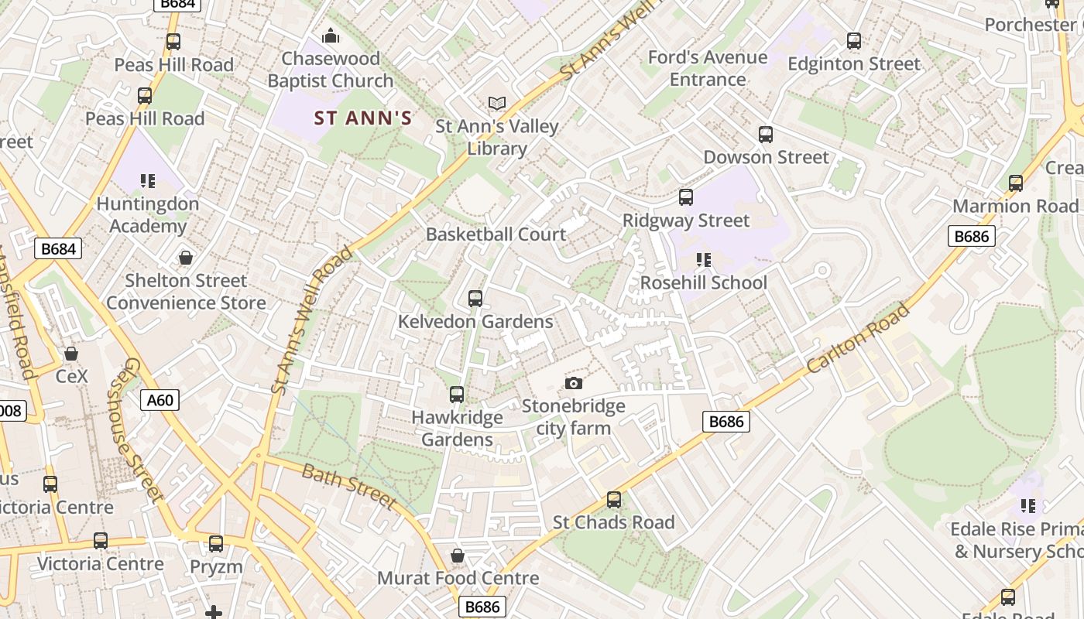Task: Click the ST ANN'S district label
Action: pyautogui.click(x=362, y=118)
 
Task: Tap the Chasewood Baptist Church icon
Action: pyautogui.click(x=331, y=36)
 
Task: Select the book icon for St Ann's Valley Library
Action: pyautogui.click(x=496, y=103)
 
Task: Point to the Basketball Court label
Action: pyautogui.click(x=496, y=234)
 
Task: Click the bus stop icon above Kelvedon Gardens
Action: pyautogui.click(x=475, y=299)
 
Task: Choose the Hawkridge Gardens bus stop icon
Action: pyautogui.click(x=457, y=395)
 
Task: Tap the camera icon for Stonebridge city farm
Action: pyautogui.click(x=573, y=383)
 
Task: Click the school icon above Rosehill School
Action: pyautogui.click(x=703, y=259)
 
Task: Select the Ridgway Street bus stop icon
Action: pyautogui.click(x=686, y=197)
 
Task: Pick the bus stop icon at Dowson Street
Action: pyautogui.click(x=766, y=135)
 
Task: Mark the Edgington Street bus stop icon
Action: pyautogui.click(x=854, y=41)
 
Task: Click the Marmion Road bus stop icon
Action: pyautogui.click(x=1015, y=183)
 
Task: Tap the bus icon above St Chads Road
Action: pyautogui.click(x=614, y=500)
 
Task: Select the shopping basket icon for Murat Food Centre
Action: pyautogui.click(x=458, y=556)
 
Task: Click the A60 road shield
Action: pyautogui.click(x=160, y=400)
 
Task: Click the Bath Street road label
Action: pyautogui.click(x=348, y=485)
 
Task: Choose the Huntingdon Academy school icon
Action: pyautogui.click(x=148, y=181)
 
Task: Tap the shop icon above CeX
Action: pyautogui.click(x=71, y=354)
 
